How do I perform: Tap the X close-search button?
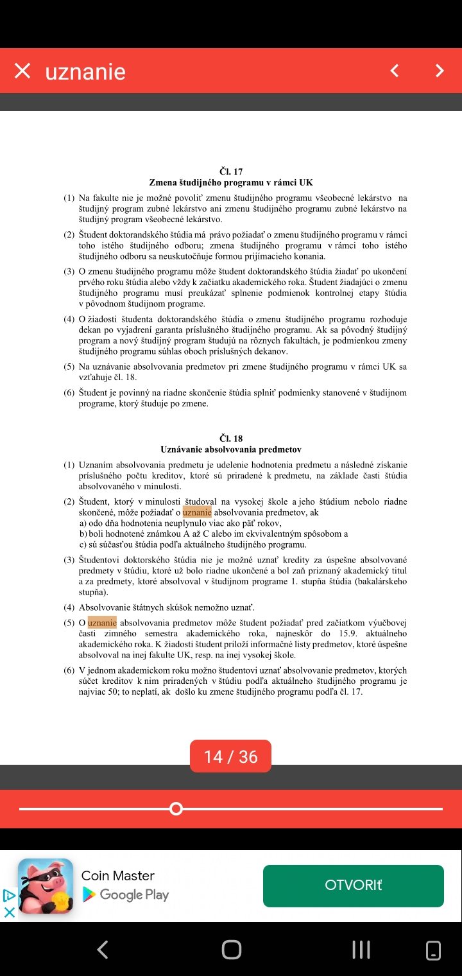[22, 71]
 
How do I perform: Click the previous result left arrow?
[395, 71]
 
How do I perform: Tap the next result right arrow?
[440, 71]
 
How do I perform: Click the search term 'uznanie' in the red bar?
[85, 71]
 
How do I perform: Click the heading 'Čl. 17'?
[231, 171]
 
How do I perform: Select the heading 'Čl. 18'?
[231, 439]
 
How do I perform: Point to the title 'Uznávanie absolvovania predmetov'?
[231, 449]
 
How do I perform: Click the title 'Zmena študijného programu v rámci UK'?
[231, 182]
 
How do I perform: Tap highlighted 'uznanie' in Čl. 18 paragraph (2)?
[197, 512]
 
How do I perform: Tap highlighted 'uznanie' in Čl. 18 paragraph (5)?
[102, 622]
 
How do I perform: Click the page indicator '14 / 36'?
[230, 756]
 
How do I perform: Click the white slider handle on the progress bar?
[176, 808]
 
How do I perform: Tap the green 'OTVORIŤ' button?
[353, 885]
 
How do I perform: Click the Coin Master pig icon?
[46, 885]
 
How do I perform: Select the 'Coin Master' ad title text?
[118, 876]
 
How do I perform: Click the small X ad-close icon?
[9, 912]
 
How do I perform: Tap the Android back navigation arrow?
[102, 949]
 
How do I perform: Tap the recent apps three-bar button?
[361, 949]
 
